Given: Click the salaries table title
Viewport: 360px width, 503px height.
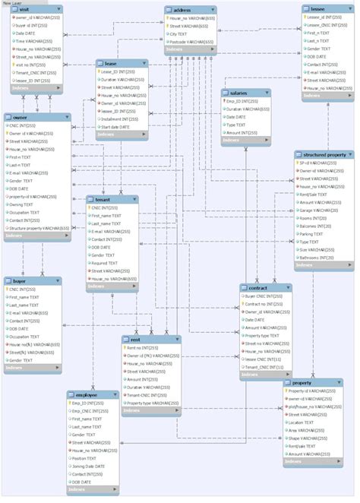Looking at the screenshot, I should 240,92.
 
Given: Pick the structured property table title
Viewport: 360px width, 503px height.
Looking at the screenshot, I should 324,154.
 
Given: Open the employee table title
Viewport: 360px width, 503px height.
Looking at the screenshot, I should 87,396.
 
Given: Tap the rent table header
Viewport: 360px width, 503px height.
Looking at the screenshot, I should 136,339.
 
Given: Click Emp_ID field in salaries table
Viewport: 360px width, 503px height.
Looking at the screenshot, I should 243,101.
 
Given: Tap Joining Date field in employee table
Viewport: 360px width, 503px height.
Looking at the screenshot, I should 91,466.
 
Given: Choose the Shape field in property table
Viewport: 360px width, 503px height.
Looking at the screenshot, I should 307,438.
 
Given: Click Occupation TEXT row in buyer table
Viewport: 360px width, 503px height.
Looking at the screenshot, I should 26,336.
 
